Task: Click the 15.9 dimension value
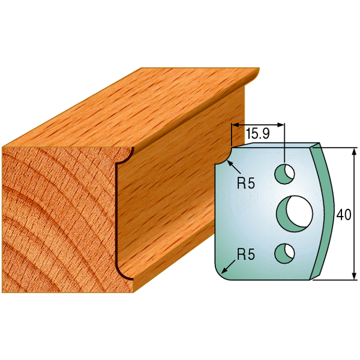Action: tap(257, 134)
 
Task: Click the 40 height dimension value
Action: tap(344, 215)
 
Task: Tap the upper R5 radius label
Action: tap(246, 183)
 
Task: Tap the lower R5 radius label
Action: tap(246, 254)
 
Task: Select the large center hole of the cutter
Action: tap(295, 214)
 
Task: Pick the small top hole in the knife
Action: tap(284, 174)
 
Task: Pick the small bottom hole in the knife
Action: tap(284, 253)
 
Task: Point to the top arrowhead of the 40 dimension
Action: tap(355, 151)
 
